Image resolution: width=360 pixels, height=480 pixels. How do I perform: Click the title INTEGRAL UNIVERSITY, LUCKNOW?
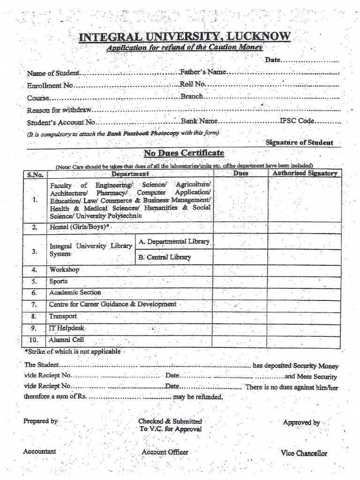pyautogui.click(x=185, y=37)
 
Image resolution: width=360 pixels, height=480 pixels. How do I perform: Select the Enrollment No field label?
pyautogui.click(x=50, y=86)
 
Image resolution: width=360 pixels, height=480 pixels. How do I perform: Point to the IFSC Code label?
pyautogui.click(x=297, y=121)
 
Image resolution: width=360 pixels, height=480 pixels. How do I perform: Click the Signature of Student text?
pyautogui.click(x=299, y=142)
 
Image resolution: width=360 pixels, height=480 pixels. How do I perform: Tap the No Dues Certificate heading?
pyautogui.click(x=184, y=153)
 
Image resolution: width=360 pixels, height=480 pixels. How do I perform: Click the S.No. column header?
pyautogui.click(x=35, y=174)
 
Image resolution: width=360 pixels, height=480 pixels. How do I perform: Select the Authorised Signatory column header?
pyautogui.click(x=305, y=173)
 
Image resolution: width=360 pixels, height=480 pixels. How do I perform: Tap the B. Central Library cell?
pyautogui.click(x=165, y=257)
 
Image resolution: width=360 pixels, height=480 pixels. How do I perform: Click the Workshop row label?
pyautogui.click(x=64, y=270)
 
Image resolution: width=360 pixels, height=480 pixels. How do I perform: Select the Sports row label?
pyautogui.click(x=59, y=282)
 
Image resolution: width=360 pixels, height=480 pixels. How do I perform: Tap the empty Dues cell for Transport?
pyautogui.click(x=240, y=317)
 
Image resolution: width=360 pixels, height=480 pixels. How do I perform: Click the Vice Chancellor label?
pyautogui.click(x=304, y=453)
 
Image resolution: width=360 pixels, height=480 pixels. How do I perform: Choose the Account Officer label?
pyautogui.click(x=165, y=452)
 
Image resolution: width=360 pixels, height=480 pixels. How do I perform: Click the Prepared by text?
pyautogui.click(x=40, y=421)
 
